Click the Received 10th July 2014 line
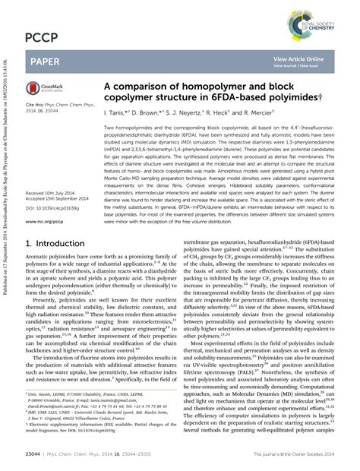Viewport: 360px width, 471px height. pyautogui.click(x=51, y=194)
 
